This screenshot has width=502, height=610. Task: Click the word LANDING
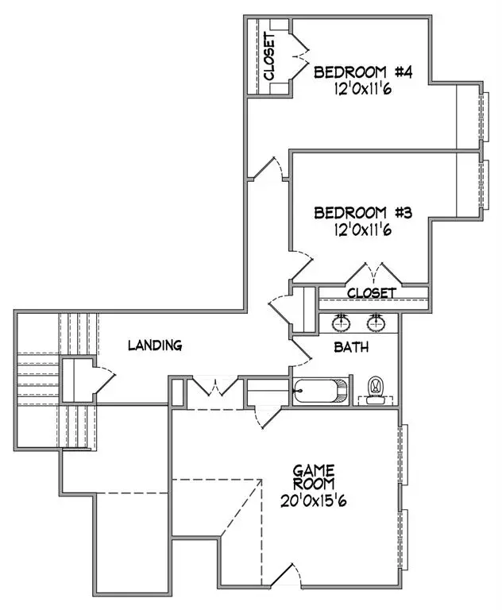coord(156,346)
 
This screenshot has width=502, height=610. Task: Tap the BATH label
coord(351,347)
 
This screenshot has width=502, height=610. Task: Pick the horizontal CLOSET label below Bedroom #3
coord(371,293)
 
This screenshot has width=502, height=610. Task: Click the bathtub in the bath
coord(321,391)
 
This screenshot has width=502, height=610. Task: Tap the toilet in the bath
coord(373,389)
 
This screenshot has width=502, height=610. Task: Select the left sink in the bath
coord(342,322)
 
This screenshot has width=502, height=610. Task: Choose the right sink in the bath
coord(376,322)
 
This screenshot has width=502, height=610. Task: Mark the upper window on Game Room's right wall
coord(404,455)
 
